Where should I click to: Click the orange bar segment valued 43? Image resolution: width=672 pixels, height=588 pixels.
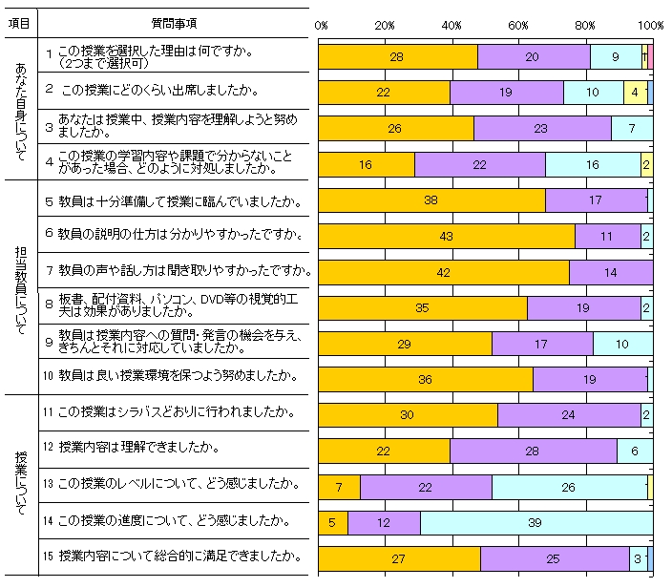(446, 236)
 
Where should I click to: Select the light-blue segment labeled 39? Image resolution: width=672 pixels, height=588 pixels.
(535, 522)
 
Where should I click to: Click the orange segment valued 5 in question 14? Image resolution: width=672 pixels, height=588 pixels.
(332, 522)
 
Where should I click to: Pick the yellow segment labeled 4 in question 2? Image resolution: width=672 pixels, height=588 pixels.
(636, 93)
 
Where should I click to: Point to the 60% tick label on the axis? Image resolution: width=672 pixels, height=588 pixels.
(519, 24)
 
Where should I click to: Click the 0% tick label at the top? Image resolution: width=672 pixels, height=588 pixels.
(321, 24)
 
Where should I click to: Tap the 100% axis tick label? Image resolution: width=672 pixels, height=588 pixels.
(651, 24)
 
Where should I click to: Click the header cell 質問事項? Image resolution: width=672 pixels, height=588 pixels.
(176, 23)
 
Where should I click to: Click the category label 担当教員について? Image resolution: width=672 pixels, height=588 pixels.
(21, 286)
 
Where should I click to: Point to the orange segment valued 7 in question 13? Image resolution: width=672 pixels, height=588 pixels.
(339, 487)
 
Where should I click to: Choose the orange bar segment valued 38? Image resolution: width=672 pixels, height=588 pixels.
(430, 200)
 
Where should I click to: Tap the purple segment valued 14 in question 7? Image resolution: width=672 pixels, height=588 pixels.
(611, 272)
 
